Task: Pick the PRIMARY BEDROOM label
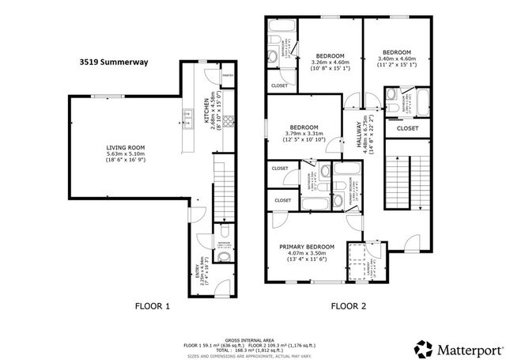[307, 247]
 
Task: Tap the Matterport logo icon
[423, 347]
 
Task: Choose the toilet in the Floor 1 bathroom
[223, 257]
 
